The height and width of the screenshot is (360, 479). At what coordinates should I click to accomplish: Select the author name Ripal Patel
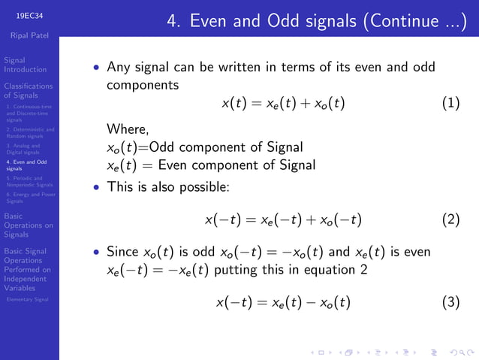click(x=29, y=35)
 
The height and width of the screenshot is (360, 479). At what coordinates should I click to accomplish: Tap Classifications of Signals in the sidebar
click(x=29, y=91)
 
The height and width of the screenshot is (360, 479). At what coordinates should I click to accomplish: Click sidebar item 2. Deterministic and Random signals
click(x=29, y=133)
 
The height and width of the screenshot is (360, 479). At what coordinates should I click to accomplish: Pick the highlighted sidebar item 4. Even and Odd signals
click(x=26, y=165)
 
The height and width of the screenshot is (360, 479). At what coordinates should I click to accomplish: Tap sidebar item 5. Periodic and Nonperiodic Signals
click(x=29, y=181)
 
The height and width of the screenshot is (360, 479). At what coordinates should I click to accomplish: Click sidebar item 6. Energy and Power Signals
click(x=29, y=198)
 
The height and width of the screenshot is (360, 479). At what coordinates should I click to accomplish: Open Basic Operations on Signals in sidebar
click(x=29, y=225)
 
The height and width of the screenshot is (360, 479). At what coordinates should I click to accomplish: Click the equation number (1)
click(x=450, y=103)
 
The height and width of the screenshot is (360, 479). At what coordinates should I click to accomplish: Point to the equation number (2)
click(x=450, y=220)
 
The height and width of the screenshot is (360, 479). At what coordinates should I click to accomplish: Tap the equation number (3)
click(x=450, y=303)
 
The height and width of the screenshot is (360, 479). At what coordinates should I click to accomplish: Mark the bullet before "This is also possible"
click(x=96, y=185)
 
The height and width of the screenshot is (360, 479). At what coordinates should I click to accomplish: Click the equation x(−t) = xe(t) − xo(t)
click(x=283, y=303)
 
